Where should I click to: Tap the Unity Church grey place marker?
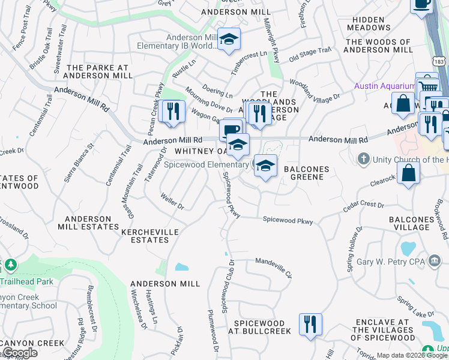[363, 159]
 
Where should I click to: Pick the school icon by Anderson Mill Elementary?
[228, 40]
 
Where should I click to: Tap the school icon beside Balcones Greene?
[265, 165]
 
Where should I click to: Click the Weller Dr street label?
[172, 200]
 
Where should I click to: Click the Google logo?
[20, 353]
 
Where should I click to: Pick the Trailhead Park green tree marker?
[10, 265]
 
